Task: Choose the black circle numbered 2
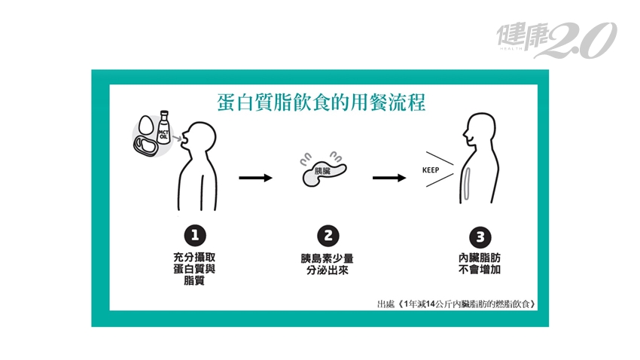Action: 325,234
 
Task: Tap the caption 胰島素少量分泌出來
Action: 325,263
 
